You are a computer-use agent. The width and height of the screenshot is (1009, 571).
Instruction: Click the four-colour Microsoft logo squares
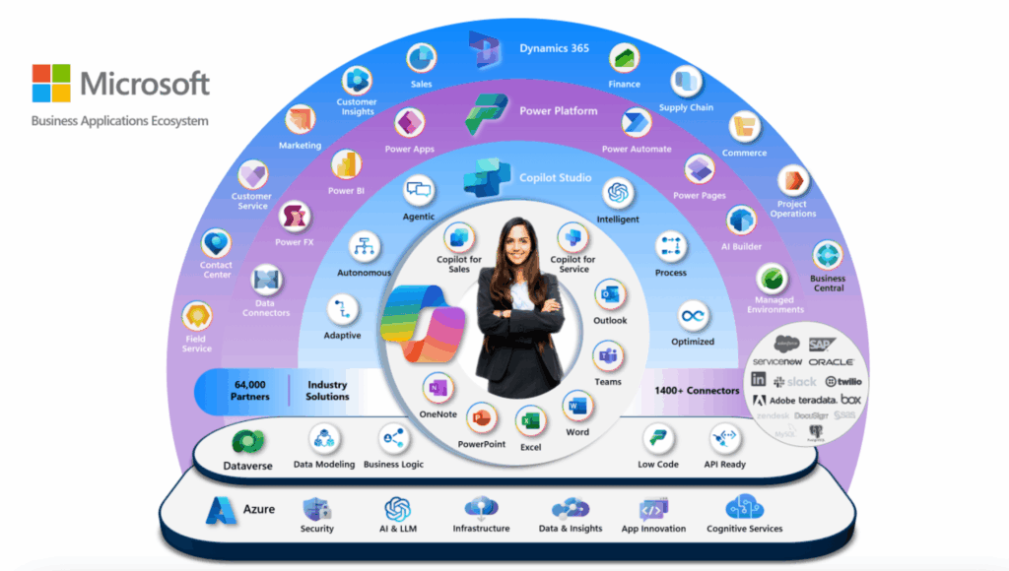[51, 85]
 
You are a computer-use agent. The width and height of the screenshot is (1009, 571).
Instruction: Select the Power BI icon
[347, 164]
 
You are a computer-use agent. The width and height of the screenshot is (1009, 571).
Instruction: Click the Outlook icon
[609, 293]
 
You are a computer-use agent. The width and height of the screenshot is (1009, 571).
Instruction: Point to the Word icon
[577, 406]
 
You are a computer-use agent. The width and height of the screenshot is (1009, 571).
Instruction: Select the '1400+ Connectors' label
[697, 391]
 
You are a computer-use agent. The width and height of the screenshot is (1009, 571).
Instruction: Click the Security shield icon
[317, 509]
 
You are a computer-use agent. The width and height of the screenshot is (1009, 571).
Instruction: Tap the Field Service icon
[197, 316]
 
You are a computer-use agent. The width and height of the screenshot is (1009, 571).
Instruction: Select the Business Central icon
[828, 256]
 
